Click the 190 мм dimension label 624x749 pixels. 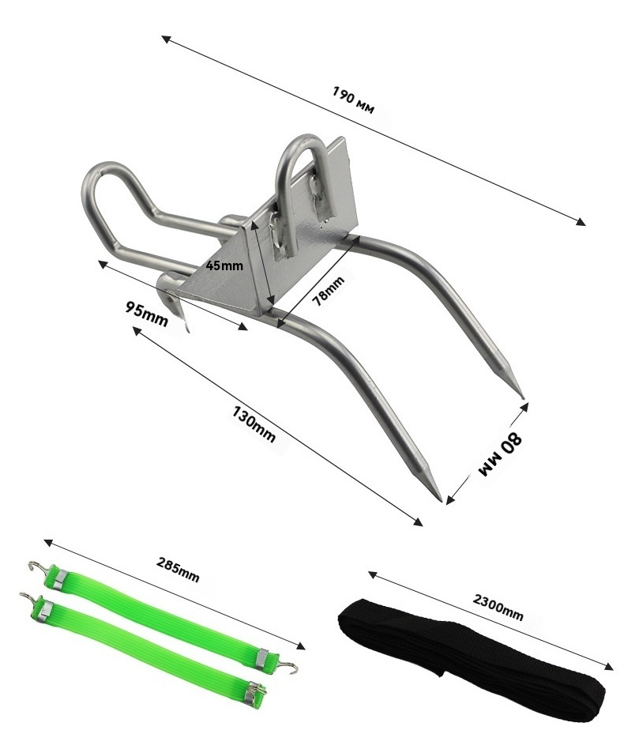(353, 100)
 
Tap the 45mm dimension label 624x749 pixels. (224, 265)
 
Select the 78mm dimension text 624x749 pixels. (328, 291)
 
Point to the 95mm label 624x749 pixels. (147, 314)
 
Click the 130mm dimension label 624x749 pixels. (254, 423)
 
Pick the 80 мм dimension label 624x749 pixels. (500, 454)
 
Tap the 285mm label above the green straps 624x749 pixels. (178, 570)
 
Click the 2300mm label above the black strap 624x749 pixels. (498, 607)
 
